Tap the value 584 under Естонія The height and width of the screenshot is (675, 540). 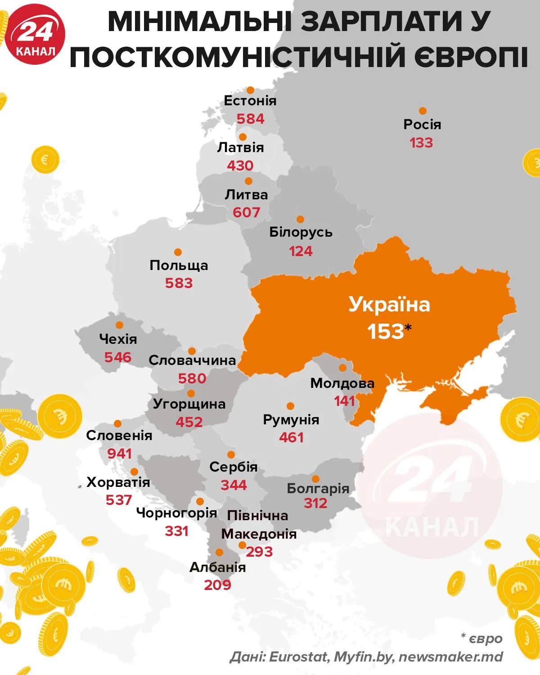[x=251, y=119]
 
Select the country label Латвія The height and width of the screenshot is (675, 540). [x=240, y=147]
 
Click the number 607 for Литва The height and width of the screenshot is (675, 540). [x=246, y=212]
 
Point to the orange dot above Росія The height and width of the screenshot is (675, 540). [x=423, y=111]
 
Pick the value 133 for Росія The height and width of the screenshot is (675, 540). [x=421, y=143]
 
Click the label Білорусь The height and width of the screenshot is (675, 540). [x=301, y=232]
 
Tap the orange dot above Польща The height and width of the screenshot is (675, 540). [x=178, y=252]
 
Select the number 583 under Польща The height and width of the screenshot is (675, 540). [x=179, y=283]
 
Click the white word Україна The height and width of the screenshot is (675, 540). [x=389, y=305]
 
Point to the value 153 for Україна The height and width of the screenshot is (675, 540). [x=386, y=332]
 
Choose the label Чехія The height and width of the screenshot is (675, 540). [x=118, y=339]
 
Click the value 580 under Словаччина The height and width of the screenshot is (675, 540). [x=192, y=378]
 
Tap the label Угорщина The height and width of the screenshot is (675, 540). [x=189, y=404]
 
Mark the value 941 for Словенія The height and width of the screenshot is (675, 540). [x=120, y=454]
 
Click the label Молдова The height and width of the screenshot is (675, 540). [x=342, y=383]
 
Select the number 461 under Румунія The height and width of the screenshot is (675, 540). [x=291, y=437]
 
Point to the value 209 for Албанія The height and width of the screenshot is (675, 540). [x=217, y=585]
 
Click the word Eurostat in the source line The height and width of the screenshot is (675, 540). [x=298, y=657]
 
